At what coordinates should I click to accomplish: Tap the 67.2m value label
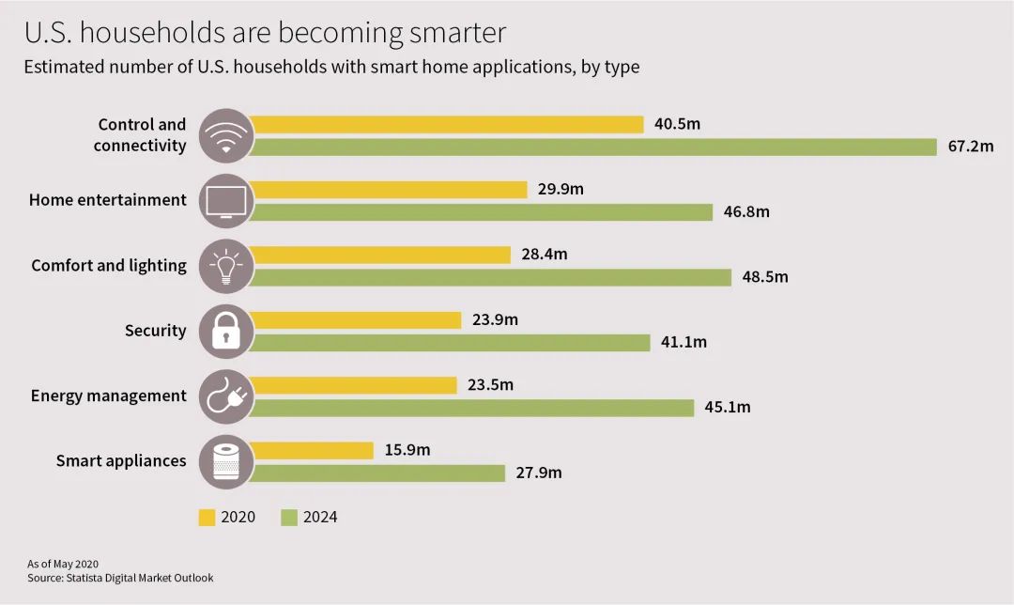click(x=970, y=147)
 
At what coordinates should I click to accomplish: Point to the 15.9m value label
click(x=407, y=450)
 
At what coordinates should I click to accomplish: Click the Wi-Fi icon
click(x=226, y=136)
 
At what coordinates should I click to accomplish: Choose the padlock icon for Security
click(x=226, y=332)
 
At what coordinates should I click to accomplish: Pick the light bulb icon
click(x=226, y=266)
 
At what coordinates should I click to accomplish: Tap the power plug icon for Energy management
click(x=226, y=396)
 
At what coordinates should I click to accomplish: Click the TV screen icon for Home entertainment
click(x=226, y=201)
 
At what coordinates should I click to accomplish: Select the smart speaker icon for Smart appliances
click(x=226, y=462)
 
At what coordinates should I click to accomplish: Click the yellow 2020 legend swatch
click(x=207, y=518)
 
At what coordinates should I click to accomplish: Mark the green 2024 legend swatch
click(x=289, y=518)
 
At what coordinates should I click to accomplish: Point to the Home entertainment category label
click(x=108, y=200)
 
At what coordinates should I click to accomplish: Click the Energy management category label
click(x=109, y=396)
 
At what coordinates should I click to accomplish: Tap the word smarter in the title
click(x=457, y=33)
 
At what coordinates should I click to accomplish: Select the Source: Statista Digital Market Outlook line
click(x=120, y=578)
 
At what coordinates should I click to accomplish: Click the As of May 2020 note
click(x=63, y=564)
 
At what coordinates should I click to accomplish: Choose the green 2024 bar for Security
click(x=452, y=343)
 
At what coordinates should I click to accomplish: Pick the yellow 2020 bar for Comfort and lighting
click(x=381, y=255)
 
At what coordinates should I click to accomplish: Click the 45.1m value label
click(x=728, y=408)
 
